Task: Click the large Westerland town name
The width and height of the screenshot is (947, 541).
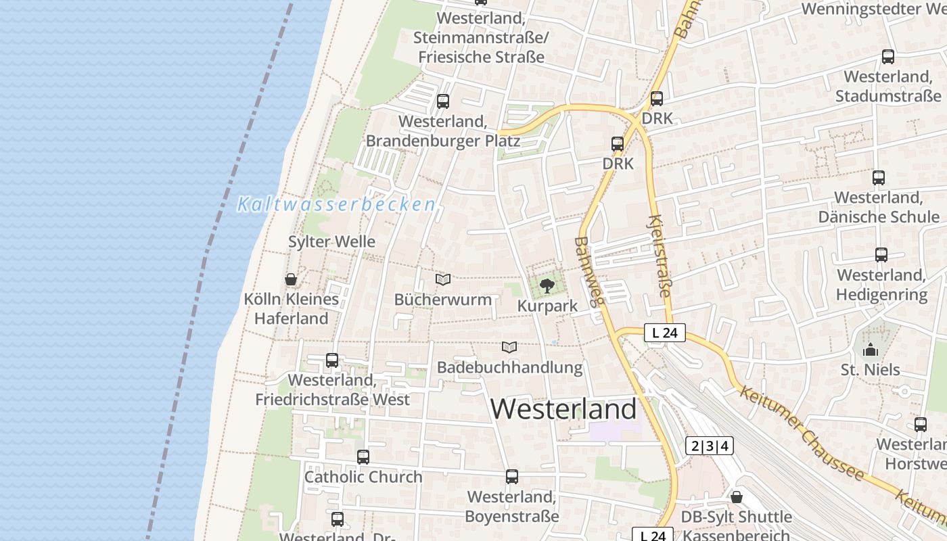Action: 563,409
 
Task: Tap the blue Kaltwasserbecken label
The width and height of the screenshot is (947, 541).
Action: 336,205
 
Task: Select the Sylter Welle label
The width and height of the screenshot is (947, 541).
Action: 331,241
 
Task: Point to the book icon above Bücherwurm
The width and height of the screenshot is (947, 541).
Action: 443,279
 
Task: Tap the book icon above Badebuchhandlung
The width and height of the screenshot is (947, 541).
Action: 509,348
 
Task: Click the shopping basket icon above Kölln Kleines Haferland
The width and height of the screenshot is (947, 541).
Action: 291,279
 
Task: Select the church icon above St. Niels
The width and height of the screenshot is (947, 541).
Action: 870,350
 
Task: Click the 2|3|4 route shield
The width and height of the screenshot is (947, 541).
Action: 710,446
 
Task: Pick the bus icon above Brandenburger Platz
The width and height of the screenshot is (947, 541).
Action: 443,101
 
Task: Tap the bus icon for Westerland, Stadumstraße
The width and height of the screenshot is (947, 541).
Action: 888,57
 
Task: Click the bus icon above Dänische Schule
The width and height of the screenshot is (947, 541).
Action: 879,178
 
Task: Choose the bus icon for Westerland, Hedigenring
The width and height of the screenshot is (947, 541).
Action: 881,255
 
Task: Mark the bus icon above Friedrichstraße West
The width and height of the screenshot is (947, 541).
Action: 332,360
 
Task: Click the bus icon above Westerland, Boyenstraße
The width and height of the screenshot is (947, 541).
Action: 512,477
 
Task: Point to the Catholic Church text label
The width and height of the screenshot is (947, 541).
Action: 363,477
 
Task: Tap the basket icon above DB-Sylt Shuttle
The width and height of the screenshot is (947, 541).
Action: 737,497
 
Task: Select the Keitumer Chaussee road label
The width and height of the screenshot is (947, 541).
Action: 802,433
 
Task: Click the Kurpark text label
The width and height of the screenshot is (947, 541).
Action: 547,306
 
